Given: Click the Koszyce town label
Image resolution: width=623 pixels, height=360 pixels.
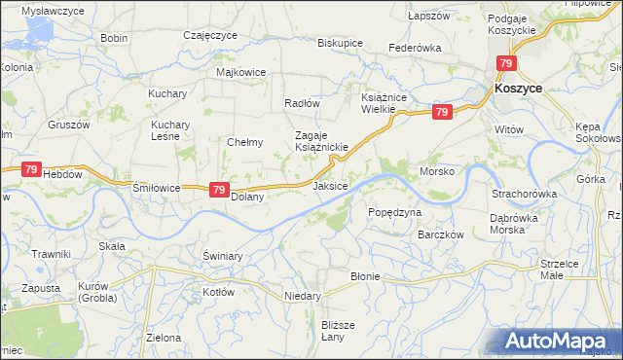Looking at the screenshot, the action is [x=518, y=88].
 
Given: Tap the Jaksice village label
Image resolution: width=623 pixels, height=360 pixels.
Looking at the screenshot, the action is [x=330, y=185].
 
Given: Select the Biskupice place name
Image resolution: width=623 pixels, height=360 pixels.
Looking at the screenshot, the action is [x=340, y=44].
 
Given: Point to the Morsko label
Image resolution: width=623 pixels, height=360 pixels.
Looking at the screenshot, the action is [x=437, y=170].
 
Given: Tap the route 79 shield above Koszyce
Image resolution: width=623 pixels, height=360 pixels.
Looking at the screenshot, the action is [x=505, y=64].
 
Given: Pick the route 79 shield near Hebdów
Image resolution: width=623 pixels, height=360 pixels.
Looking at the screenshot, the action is [x=30, y=169].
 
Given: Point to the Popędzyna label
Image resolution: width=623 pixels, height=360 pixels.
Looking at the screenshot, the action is [x=394, y=211].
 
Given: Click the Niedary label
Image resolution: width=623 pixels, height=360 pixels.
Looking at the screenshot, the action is [x=302, y=295].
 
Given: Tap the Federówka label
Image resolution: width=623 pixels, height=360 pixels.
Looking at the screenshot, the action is [x=415, y=47].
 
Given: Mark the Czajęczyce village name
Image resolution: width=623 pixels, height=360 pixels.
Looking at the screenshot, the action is [x=210, y=35].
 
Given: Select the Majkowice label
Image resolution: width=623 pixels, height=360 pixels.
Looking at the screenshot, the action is [x=241, y=72].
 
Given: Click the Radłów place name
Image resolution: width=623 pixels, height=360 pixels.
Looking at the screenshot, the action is [x=302, y=103].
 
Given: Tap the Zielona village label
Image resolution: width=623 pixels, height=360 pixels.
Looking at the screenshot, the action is [x=164, y=338].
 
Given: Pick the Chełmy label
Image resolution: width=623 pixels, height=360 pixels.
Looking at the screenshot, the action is [x=245, y=142].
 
